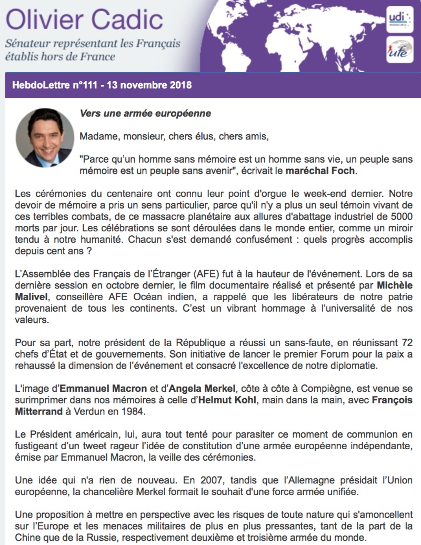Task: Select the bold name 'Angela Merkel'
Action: pos(205,389)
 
